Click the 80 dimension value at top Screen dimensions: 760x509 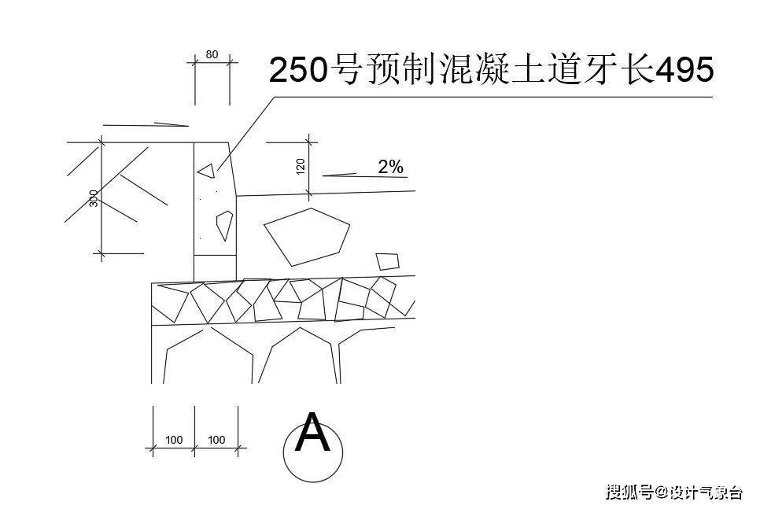212,55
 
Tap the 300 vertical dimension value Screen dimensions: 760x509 94,198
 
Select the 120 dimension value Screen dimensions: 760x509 301,167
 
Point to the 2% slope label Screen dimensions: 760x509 391,168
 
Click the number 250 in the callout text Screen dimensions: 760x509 297,70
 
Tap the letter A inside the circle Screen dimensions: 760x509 312,433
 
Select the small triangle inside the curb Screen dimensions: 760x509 206,172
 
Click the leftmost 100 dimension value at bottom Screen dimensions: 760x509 174,441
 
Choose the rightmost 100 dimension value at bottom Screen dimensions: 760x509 216,441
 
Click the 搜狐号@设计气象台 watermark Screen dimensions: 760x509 673,492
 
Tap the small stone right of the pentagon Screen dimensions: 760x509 388,261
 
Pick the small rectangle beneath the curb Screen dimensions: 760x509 216,268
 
